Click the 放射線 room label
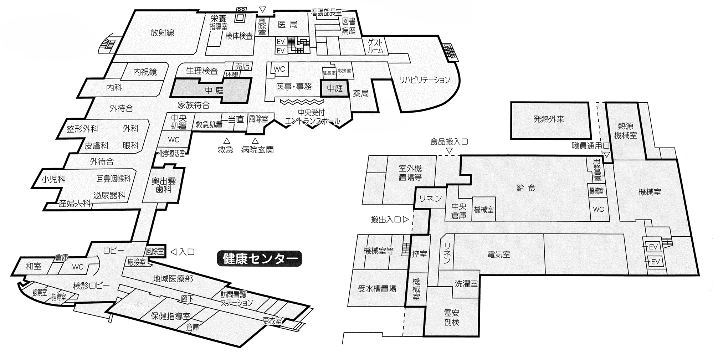pos(162,33)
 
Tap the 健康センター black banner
pos(260,259)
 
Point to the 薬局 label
pos(361,93)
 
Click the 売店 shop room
pos(242,67)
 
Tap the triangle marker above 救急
pos(226,140)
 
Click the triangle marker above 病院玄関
pos(255,140)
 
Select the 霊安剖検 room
pos(451,317)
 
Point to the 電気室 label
pos(499,254)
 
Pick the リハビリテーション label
pos(424,80)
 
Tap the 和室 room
pos(34,266)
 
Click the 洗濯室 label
pos(466,284)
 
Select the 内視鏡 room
pos(145,72)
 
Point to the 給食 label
pos(526,188)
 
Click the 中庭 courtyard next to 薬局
pos(335,88)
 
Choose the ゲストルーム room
pos(375,46)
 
